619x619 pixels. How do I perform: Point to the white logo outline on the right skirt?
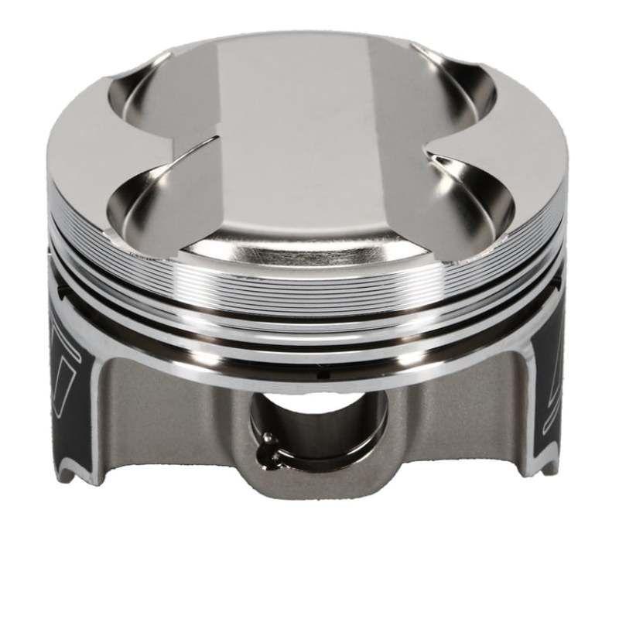click(x=553, y=348)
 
